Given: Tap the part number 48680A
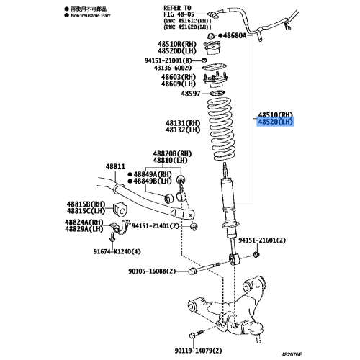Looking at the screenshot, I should click(x=234, y=35).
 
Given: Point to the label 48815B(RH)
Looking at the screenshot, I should click(x=89, y=203).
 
